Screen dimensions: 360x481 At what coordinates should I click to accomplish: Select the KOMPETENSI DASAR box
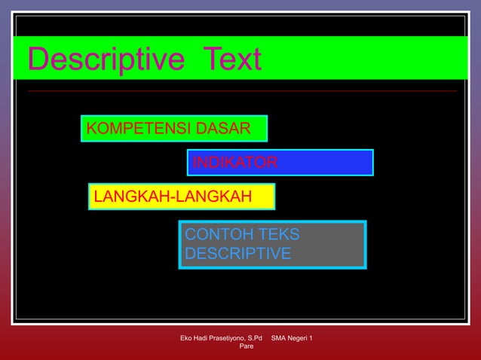pos(173,129)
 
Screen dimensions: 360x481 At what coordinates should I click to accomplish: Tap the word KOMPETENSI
pos(139,129)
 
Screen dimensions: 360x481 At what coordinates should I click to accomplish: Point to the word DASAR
pos(222,129)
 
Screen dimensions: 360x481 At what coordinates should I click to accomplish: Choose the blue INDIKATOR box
pos(280,163)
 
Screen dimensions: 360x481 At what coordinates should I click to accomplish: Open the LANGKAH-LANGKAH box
pos(182,197)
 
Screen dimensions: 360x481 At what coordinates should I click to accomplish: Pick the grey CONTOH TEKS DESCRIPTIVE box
pos(272,245)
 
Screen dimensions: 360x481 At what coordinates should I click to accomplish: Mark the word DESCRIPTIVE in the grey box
pos(237,254)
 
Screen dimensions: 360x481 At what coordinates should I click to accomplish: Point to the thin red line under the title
pos(241,90)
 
